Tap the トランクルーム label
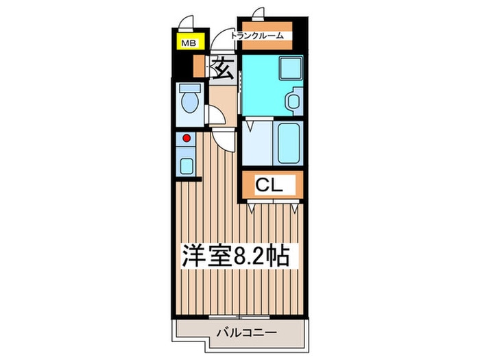click(262, 36)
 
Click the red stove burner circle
click(185, 138)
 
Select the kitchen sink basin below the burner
click(186, 165)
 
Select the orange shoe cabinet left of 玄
click(201, 67)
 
